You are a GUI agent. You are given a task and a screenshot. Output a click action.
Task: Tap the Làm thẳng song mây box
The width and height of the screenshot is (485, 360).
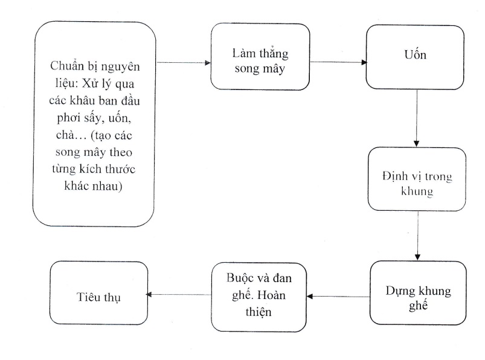pos(259,60)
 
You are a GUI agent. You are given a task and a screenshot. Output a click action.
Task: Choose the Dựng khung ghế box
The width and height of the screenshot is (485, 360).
pos(417,293)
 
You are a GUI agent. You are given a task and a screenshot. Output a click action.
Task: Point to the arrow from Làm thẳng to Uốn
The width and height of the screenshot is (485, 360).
pos(339,62)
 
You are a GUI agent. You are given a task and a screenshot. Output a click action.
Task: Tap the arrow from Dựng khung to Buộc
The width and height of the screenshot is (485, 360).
pos(339,296)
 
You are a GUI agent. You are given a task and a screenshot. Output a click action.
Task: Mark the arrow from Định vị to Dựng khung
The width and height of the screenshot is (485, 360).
pos(417,242)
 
